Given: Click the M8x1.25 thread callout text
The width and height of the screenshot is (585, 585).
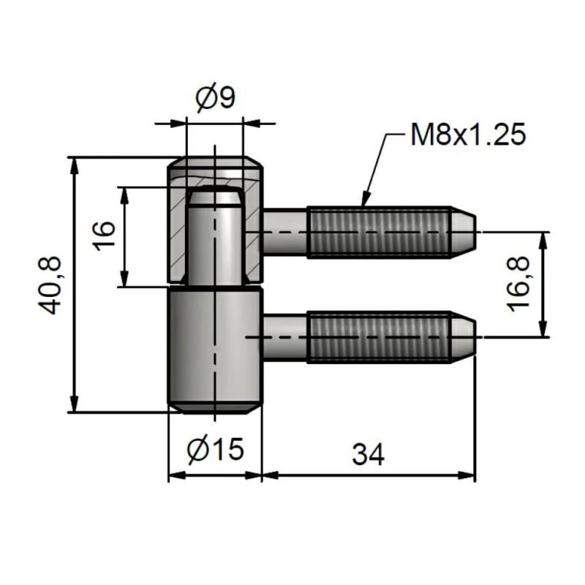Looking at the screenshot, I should (x=468, y=135).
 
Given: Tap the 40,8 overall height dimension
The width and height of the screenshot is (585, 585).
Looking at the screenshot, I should (x=50, y=285).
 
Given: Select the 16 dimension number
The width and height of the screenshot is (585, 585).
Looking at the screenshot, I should (x=105, y=236).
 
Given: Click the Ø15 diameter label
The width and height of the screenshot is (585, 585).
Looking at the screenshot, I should (x=215, y=450).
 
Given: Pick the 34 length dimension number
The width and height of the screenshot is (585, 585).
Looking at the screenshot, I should (x=368, y=455).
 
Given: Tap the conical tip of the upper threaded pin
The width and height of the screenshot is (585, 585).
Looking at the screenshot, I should (x=464, y=232).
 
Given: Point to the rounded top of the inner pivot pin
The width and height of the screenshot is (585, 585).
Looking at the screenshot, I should (x=214, y=195).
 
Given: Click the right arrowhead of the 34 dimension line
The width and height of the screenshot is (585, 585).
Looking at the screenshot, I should (x=470, y=475).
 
